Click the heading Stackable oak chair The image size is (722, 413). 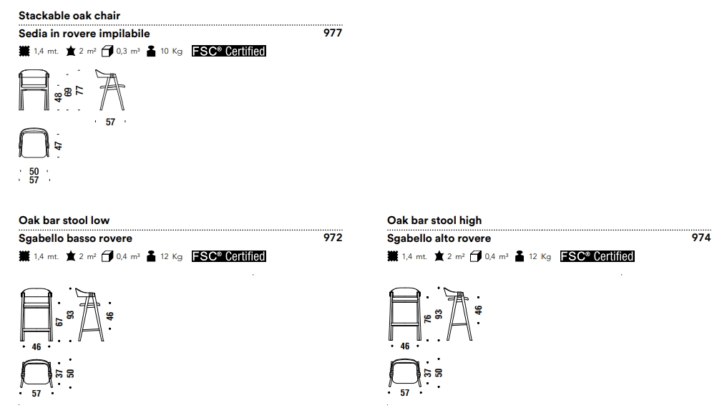69,15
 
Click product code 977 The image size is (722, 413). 333,33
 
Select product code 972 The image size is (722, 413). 333,238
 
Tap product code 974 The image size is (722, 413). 701,238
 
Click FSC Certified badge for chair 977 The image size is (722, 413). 229,52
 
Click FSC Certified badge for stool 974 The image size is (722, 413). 597,256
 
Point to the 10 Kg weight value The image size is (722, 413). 172,52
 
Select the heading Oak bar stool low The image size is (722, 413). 64,220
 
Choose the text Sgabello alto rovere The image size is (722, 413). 439,238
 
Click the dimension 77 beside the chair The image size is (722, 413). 79,90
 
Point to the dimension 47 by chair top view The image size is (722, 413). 59,145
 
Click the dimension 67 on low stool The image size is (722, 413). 60,320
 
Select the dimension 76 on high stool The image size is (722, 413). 428,319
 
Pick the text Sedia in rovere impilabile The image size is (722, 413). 84,34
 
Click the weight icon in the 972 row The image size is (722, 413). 151,256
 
